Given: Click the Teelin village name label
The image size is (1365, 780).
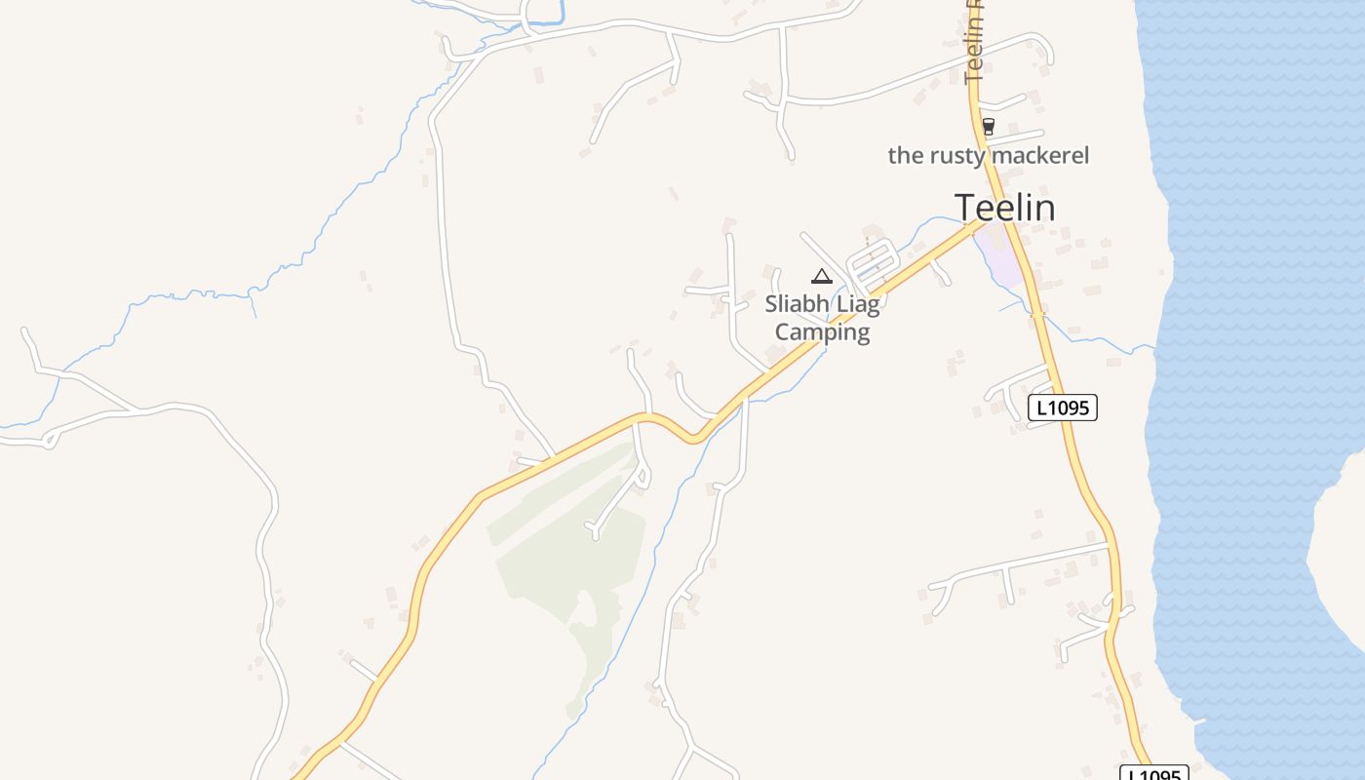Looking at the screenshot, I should point(1004,208).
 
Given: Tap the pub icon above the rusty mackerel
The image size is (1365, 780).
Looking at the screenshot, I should point(989,126).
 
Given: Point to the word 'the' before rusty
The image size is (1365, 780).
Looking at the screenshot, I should point(904,155).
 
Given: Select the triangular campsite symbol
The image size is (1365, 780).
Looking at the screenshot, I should point(822,277).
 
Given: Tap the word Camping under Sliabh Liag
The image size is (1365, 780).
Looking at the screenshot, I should point(822,332).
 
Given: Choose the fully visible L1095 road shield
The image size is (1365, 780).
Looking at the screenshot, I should point(1062,408).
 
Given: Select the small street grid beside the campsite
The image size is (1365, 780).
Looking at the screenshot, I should point(874,260).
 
